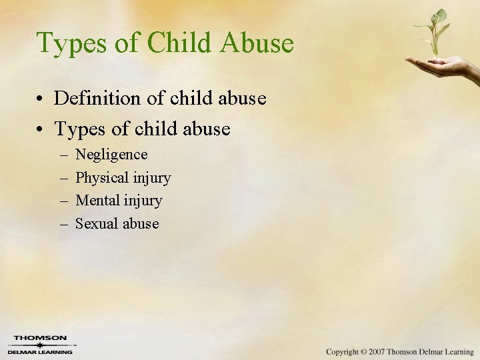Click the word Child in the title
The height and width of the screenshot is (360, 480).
click(x=179, y=43)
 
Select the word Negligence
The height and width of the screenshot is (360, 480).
click(x=111, y=155)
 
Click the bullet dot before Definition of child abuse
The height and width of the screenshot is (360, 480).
click(x=42, y=99)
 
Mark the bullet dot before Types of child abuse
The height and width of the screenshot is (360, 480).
click(x=42, y=129)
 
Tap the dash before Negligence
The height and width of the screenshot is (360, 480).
click(x=63, y=155)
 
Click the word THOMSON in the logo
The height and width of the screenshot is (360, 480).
click(x=40, y=338)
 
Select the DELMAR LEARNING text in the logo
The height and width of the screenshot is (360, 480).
click(x=40, y=352)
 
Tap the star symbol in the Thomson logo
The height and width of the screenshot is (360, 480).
click(x=40, y=345)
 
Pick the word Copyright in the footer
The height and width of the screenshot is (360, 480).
click(x=342, y=351)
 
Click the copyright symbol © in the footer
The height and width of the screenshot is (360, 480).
click(x=363, y=351)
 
